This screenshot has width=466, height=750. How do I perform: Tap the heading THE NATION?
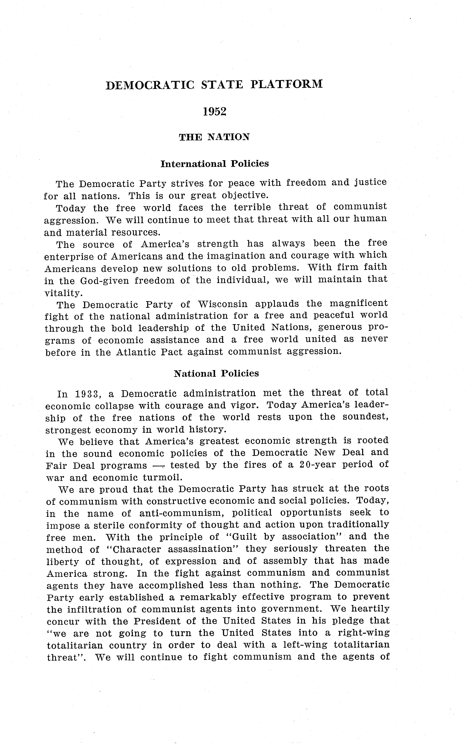point(214,137)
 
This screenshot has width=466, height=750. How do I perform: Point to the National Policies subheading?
point(216,373)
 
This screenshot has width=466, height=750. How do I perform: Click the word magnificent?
point(359,304)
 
